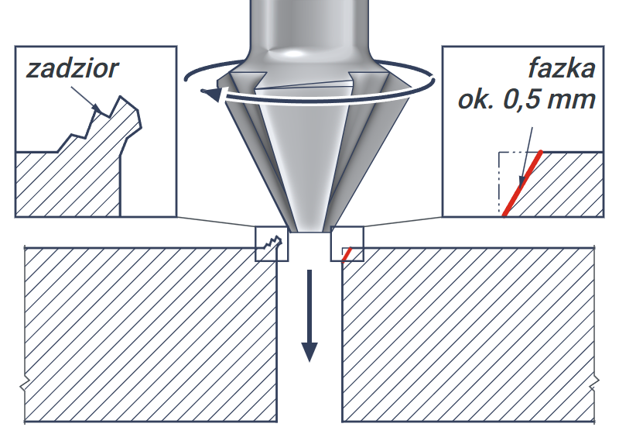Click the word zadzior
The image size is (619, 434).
pos(72,70)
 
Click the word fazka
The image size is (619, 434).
pos(562,68)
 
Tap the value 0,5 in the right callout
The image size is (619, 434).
pos(519,100)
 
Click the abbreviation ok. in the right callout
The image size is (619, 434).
pos(476,100)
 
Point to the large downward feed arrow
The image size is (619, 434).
pos(309,315)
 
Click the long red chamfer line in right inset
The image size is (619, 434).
pos(522,184)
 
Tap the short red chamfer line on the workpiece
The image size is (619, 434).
pos(347,255)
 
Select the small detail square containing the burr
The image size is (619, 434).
pos(272,244)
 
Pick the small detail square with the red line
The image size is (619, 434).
pos(347,244)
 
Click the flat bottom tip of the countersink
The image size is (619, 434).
pos(309,231)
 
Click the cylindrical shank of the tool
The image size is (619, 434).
pos(309,24)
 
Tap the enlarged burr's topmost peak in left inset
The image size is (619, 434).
pos(121,96)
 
